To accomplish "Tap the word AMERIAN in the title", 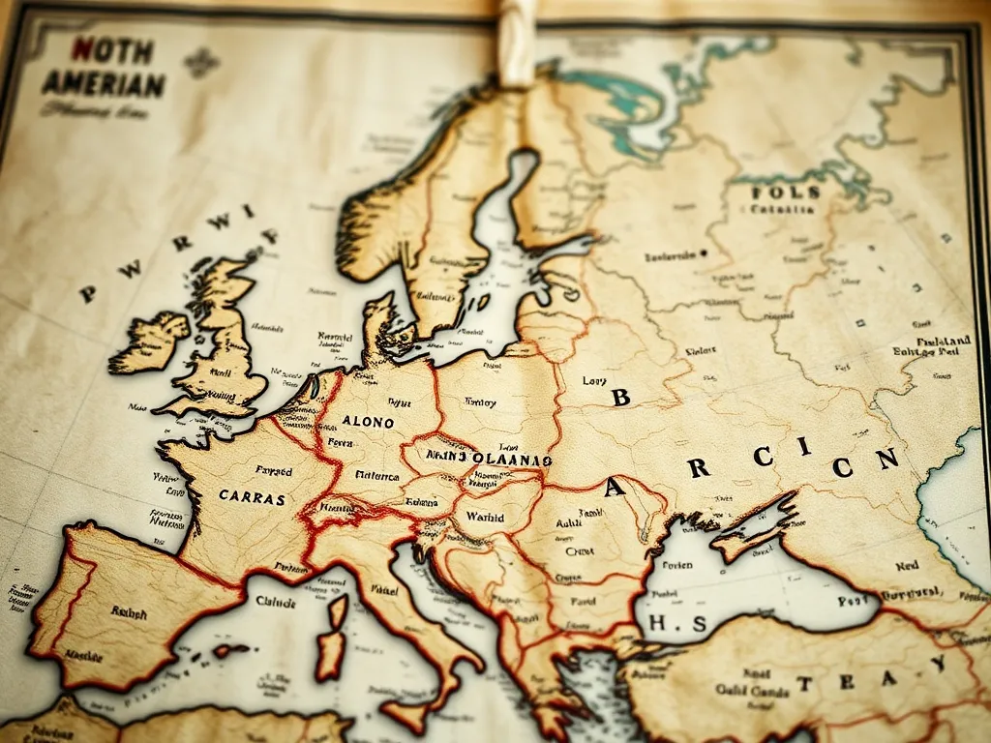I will click(104, 83).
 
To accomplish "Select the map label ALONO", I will click(368, 422).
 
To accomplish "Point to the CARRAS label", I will click(252, 498).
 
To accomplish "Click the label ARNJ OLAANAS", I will click(489, 456).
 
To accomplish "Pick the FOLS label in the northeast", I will click(785, 192).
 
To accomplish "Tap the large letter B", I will click(620, 396).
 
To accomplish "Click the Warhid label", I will click(485, 518).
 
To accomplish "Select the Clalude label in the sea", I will click(276, 600).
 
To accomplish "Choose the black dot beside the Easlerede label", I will click(703, 253).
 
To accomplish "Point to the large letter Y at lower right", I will click(937, 664).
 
